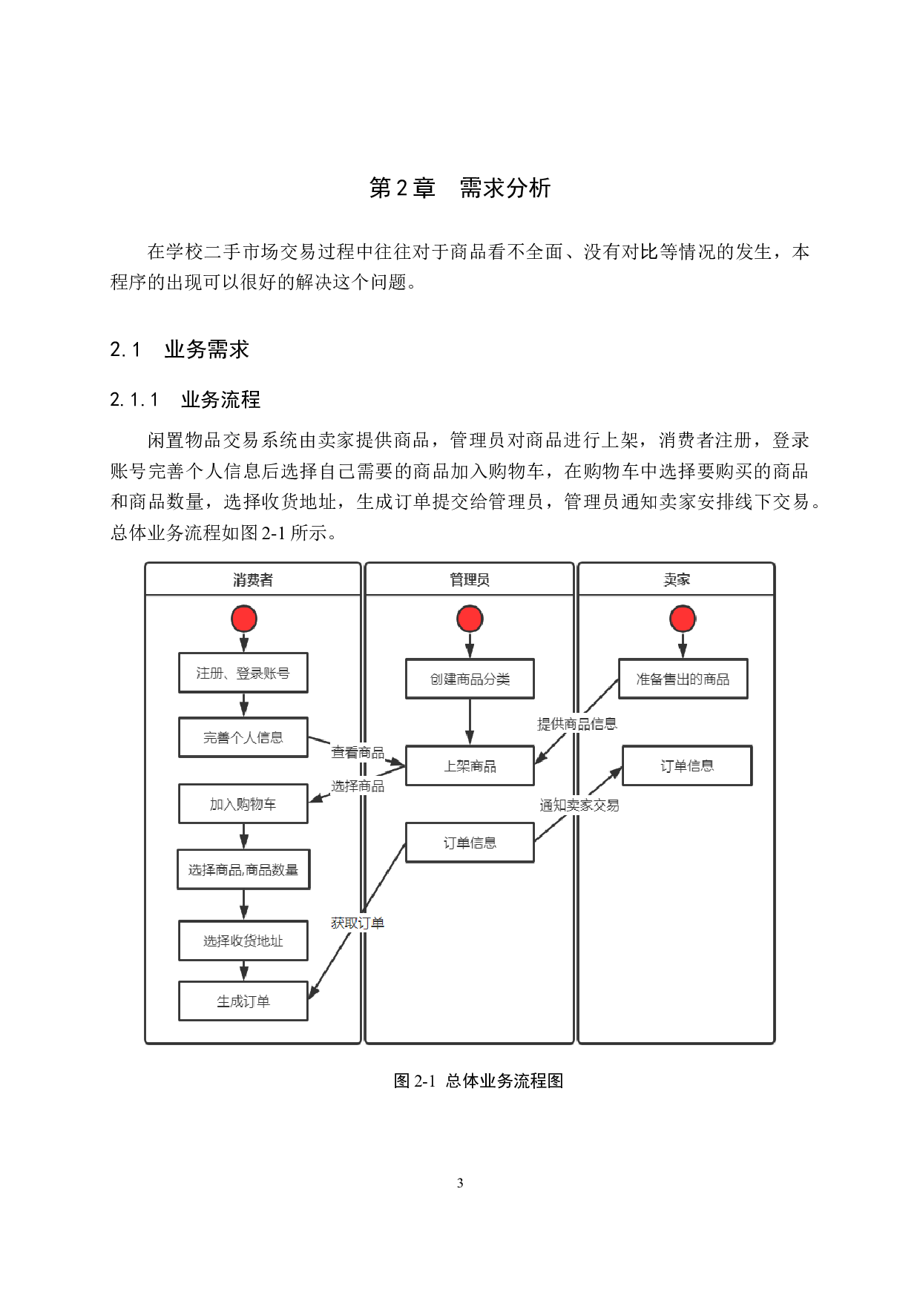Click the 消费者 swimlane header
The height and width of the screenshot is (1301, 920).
[x=253, y=579]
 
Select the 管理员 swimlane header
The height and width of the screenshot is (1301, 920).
[x=469, y=579]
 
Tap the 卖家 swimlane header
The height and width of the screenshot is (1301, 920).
[x=676, y=579]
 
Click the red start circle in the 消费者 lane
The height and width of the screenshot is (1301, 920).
[x=243, y=619]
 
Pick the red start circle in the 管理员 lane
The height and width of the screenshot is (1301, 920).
[x=470, y=619]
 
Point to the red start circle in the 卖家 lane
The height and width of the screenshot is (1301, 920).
[x=683, y=619]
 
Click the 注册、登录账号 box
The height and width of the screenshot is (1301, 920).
[x=243, y=673]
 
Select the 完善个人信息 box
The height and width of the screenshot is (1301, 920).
[x=243, y=737]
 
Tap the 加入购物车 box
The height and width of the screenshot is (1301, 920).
[x=243, y=804]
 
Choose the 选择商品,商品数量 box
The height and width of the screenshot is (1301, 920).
[x=243, y=869]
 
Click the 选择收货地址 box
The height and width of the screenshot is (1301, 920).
[x=243, y=941]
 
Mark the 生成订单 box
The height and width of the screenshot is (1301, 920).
[x=243, y=1001]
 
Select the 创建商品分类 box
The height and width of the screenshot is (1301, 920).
[x=470, y=679]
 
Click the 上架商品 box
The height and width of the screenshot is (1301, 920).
[x=470, y=765]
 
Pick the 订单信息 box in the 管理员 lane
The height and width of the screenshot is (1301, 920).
[x=470, y=843]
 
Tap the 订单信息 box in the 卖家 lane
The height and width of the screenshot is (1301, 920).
[x=687, y=765]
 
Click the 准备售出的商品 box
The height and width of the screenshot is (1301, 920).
[x=683, y=679]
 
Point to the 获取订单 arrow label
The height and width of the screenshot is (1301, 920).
[x=358, y=923]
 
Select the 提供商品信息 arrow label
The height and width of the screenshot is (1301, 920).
[x=577, y=724]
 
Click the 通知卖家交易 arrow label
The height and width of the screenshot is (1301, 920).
[x=579, y=805]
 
